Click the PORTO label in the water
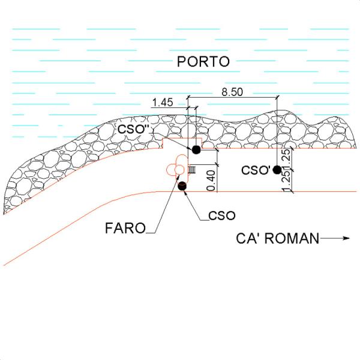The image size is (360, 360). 203,62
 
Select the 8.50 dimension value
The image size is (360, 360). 232,92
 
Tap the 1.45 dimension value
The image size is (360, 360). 163,103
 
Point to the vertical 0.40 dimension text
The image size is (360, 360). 211,181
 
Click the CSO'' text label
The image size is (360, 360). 134,129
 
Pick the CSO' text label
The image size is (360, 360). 256,170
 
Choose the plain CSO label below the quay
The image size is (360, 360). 222,215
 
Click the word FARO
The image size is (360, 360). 125,228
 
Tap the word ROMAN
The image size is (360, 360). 293,238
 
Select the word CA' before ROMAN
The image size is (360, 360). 250,238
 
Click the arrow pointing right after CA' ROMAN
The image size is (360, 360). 334,238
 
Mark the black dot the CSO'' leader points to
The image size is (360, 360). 196,149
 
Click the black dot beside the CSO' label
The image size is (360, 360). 277,170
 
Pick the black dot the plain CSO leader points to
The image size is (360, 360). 182,186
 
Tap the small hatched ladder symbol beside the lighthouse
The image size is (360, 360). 192,170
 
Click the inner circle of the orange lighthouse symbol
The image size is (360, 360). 179,170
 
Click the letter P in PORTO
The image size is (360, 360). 181,62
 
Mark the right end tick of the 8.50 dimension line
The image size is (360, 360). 277,97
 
